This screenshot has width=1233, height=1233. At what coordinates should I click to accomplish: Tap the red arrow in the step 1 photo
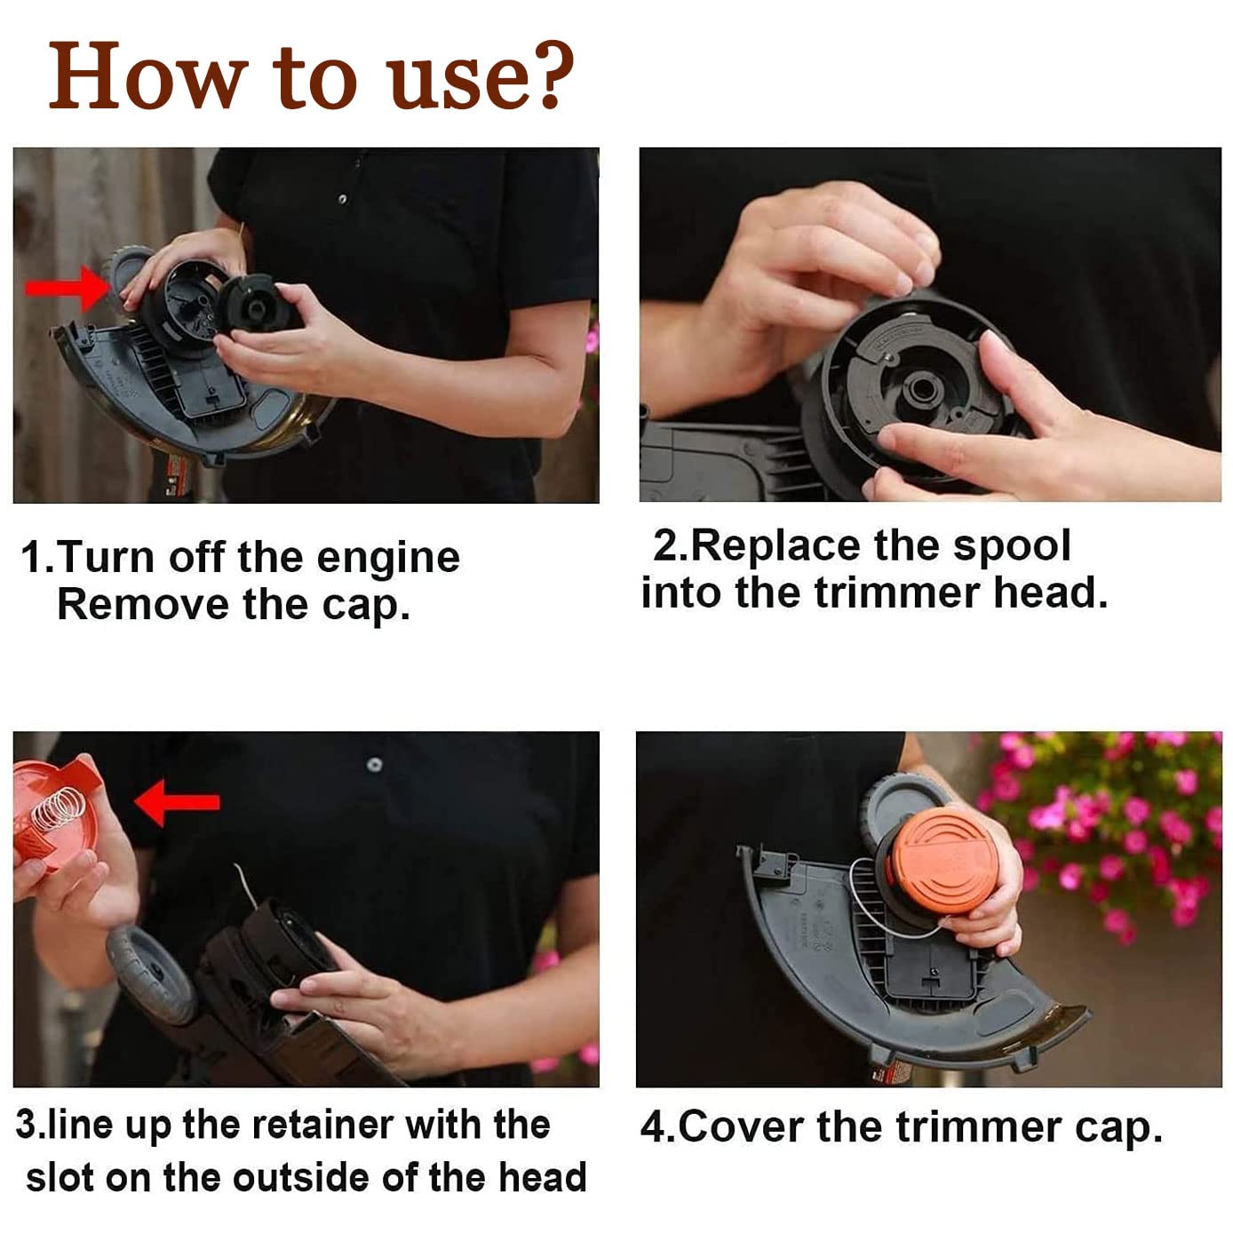tap(68, 289)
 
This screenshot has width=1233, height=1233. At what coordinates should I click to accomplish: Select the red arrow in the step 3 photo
tap(177, 802)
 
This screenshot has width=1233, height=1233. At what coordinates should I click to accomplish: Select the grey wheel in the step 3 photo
tap(152, 974)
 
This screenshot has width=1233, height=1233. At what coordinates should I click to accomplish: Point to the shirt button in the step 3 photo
tap(375, 764)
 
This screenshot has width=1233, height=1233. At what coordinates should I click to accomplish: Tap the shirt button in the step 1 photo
tap(343, 199)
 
